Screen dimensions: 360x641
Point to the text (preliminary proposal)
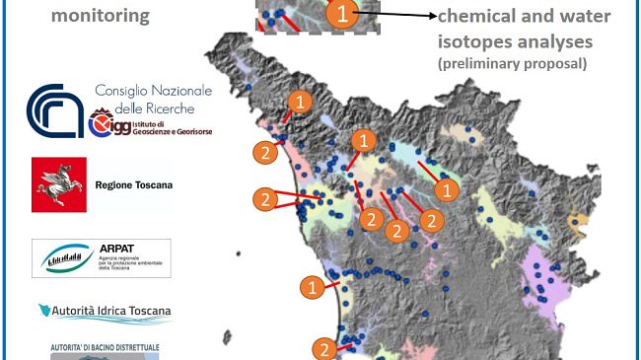[512, 64]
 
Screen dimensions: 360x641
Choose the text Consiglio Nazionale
[152, 93]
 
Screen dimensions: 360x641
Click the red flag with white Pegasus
[59, 184]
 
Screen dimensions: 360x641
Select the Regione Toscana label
[134, 185]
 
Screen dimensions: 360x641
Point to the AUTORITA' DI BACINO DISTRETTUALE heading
[105, 348]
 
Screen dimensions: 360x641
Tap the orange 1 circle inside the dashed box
[336, 14]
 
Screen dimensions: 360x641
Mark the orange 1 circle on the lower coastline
[312, 287]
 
